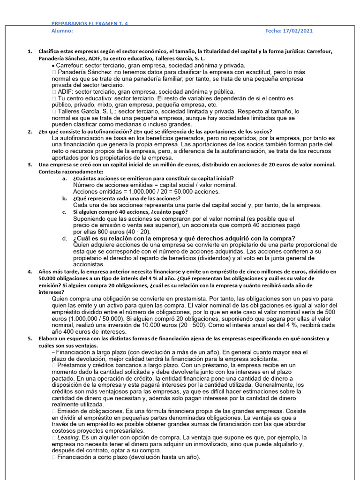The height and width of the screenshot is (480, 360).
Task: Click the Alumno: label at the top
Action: (62, 31)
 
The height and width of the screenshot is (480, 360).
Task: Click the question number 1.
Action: (30, 51)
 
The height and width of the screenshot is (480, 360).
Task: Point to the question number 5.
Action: (30, 338)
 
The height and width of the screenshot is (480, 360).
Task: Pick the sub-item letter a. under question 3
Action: (64, 179)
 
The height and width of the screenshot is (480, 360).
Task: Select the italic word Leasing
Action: (69, 437)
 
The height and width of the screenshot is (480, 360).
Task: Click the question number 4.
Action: (30, 271)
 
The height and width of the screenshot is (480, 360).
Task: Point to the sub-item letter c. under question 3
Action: (64, 212)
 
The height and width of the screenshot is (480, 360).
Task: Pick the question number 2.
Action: (30, 132)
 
